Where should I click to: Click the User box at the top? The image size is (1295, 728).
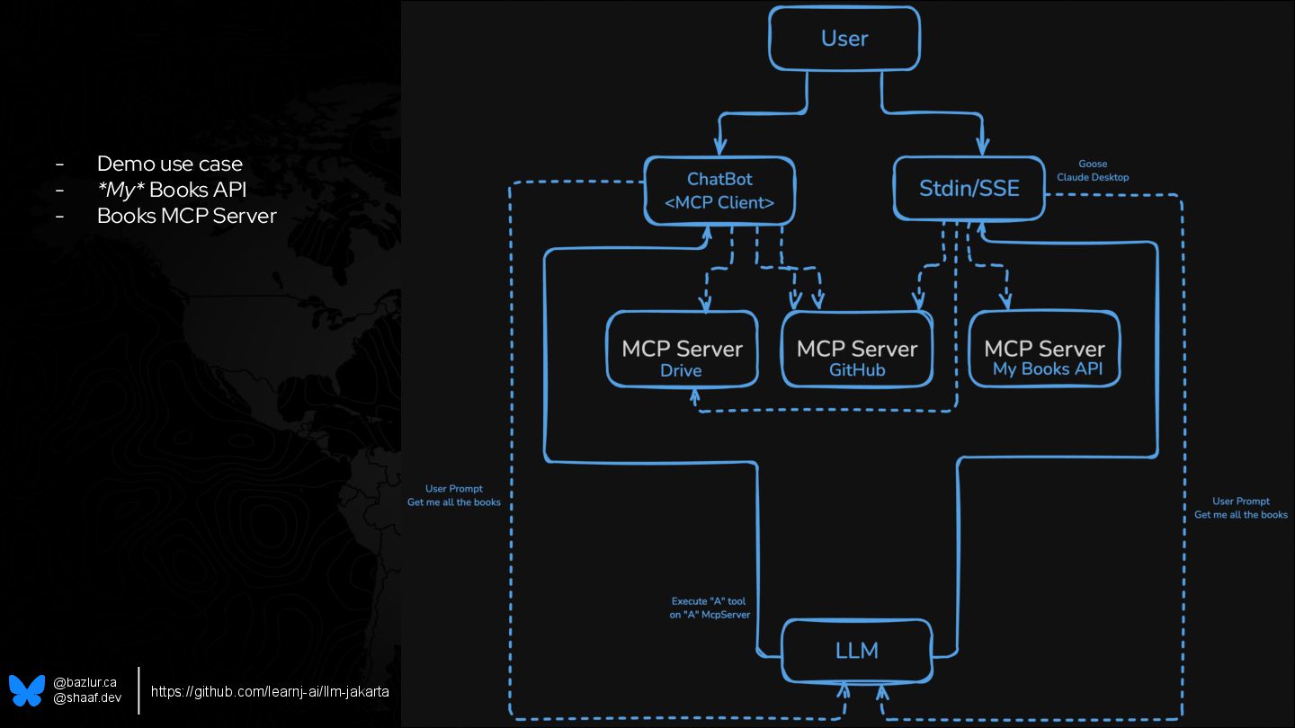844,39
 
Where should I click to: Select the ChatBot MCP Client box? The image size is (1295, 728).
719,191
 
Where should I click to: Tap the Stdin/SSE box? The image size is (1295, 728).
969,188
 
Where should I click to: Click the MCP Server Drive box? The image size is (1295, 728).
682,350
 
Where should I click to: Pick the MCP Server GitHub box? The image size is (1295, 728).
856,350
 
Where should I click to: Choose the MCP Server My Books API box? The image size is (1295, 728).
1044,350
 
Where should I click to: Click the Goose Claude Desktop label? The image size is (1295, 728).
1093,171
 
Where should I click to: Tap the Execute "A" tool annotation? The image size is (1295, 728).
710,608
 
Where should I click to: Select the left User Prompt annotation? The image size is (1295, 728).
454,495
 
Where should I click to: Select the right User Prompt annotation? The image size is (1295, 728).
1241,508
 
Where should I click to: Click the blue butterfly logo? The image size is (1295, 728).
27,690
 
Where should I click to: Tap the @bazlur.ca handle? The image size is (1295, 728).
85,683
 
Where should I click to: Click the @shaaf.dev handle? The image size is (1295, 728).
86,697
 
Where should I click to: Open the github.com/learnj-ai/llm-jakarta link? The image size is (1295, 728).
270,691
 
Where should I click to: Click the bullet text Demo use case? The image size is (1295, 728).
169,164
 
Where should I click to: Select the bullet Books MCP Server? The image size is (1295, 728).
186,216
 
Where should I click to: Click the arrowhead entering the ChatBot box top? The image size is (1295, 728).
719,147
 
